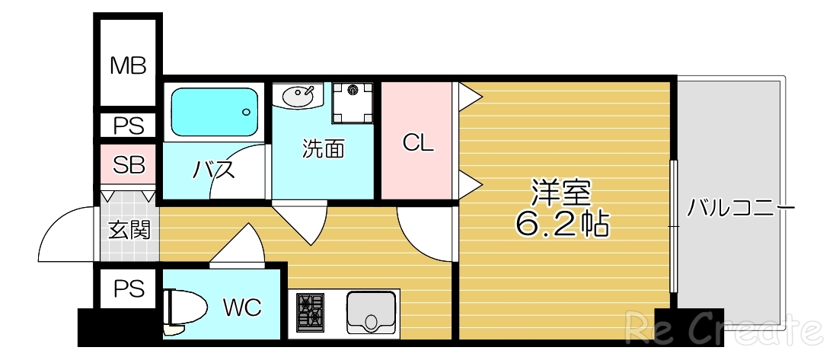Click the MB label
[x=127, y=65]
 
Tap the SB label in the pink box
[x=128, y=165]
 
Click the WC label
[x=242, y=307]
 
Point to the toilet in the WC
[x=184, y=311]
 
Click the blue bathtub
[x=214, y=112]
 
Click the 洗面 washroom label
[x=323, y=149]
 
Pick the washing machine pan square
[x=353, y=101]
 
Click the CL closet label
[x=418, y=143]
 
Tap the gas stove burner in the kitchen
[x=311, y=312]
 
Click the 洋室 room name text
[x=561, y=192]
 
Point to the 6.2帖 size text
[x=562, y=222]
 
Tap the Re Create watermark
[x=723, y=330]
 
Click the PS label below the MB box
[x=128, y=126]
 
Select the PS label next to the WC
[x=128, y=289]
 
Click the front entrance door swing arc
[x=65, y=232]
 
